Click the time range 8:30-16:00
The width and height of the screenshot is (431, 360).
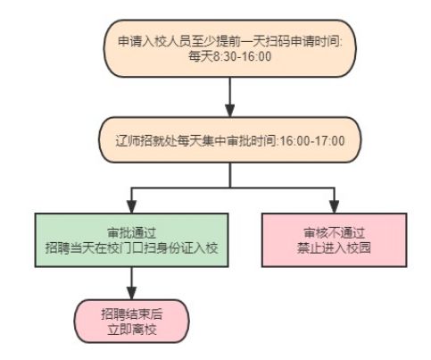click(243, 56)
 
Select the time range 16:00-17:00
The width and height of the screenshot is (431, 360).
click(312, 140)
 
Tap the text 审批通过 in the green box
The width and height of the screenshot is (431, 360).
click(131, 233)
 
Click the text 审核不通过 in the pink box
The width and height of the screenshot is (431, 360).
click(334, 233)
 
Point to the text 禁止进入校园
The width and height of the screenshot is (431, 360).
click(334, 247)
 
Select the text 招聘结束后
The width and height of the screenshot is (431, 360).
click(132, 314)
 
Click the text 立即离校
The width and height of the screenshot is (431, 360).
click(132, 330)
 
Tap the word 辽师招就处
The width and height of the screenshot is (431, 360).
click(146, 140)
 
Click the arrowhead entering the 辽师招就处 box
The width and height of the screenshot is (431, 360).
click(230, 111)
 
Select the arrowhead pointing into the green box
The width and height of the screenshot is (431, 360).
click(131, 207)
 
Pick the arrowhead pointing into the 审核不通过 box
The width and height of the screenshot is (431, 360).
click(335, 207)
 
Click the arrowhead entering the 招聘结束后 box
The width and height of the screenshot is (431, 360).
click(131, 293)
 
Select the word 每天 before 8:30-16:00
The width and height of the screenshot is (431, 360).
click(201, 56)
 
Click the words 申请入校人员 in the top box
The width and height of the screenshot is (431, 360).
click(154, 41)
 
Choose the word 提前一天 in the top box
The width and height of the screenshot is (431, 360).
click(241, 41)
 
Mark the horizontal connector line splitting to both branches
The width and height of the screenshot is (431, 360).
click(233, 188)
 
